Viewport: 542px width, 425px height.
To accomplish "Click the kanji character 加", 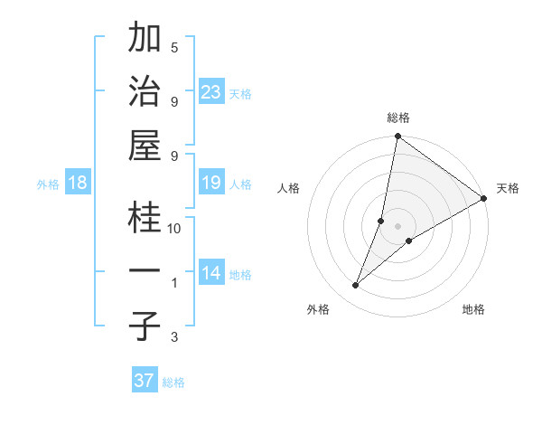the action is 145,39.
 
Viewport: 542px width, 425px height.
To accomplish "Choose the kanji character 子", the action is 145,326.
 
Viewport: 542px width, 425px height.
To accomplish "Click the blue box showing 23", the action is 210,91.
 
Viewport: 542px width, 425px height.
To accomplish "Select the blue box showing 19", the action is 210,183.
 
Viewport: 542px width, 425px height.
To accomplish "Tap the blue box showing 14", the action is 210,273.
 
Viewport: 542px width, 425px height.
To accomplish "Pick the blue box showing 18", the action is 78,183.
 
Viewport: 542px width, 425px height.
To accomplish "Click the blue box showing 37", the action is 144,381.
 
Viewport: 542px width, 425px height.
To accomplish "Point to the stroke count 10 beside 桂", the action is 174,229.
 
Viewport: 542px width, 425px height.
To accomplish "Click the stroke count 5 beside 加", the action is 174,48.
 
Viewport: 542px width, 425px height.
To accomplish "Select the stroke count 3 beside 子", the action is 174,337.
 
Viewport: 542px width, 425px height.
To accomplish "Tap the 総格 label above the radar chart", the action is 398,118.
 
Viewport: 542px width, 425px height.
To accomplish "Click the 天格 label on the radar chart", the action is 508,188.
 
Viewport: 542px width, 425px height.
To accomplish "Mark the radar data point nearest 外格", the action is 356,286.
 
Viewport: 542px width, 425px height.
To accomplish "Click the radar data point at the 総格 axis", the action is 397,137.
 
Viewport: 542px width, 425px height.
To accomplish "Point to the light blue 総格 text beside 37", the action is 173,382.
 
